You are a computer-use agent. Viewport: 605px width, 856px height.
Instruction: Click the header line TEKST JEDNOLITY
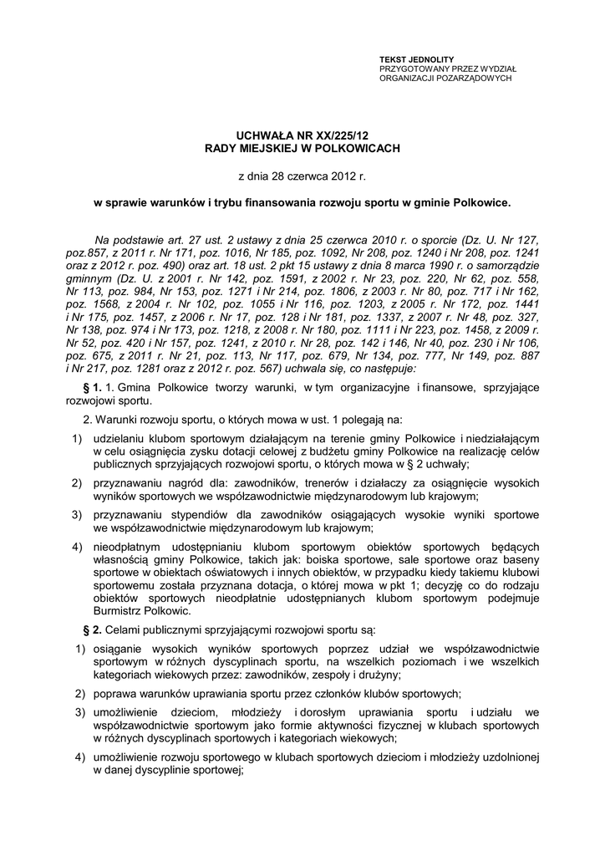(x=413, y=59)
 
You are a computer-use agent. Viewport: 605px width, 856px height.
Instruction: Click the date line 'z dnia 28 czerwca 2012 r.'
(x=302, y=176)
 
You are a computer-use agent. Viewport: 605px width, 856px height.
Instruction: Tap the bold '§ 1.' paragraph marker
(x=92, y=387)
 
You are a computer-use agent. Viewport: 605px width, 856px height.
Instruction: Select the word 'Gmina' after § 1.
(x=134, y=387)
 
